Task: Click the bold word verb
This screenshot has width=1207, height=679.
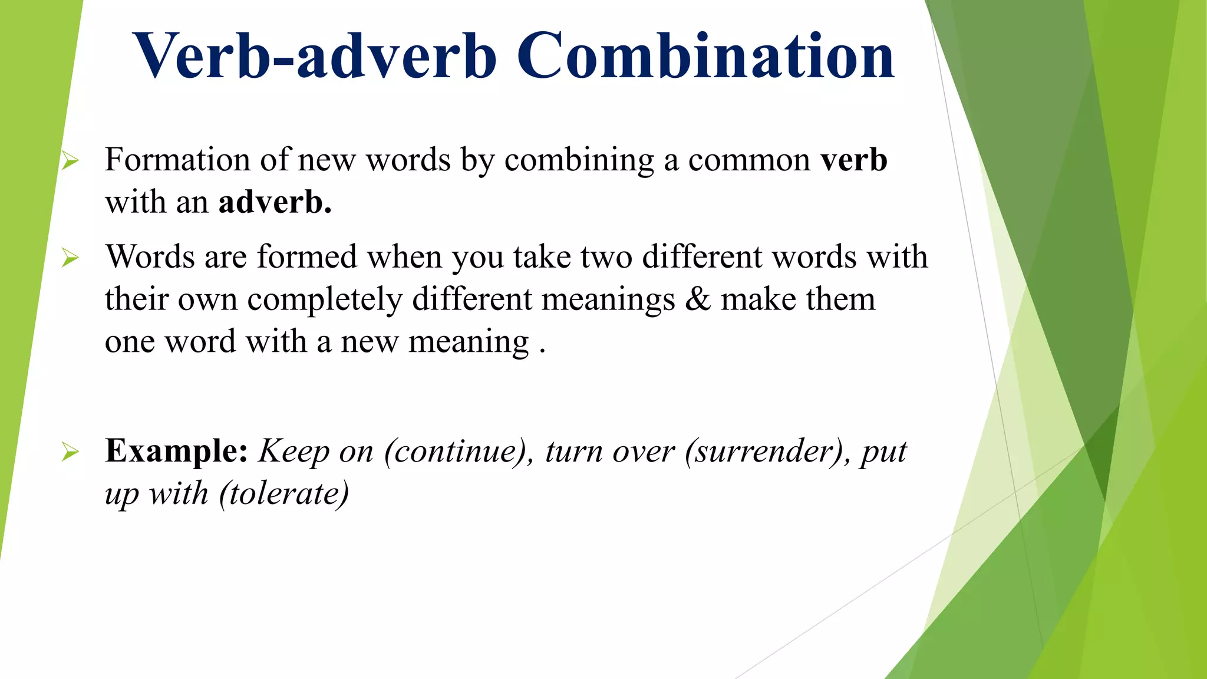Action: [x=854, y=160]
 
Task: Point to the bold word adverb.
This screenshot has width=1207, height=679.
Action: [x=275, y=202]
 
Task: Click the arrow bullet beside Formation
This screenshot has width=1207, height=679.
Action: [x=70, y=160]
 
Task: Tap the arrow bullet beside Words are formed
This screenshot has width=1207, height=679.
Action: [x=70, y=258]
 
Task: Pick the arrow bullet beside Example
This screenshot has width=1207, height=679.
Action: [x=70, y=452]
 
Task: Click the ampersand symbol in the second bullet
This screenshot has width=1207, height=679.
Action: [x=698, y=299]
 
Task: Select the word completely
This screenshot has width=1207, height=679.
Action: [x=325, y=299]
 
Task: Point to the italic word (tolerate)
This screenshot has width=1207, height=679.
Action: [x=284, y=493]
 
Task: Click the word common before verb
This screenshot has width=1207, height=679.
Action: [x=749, y=160]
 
